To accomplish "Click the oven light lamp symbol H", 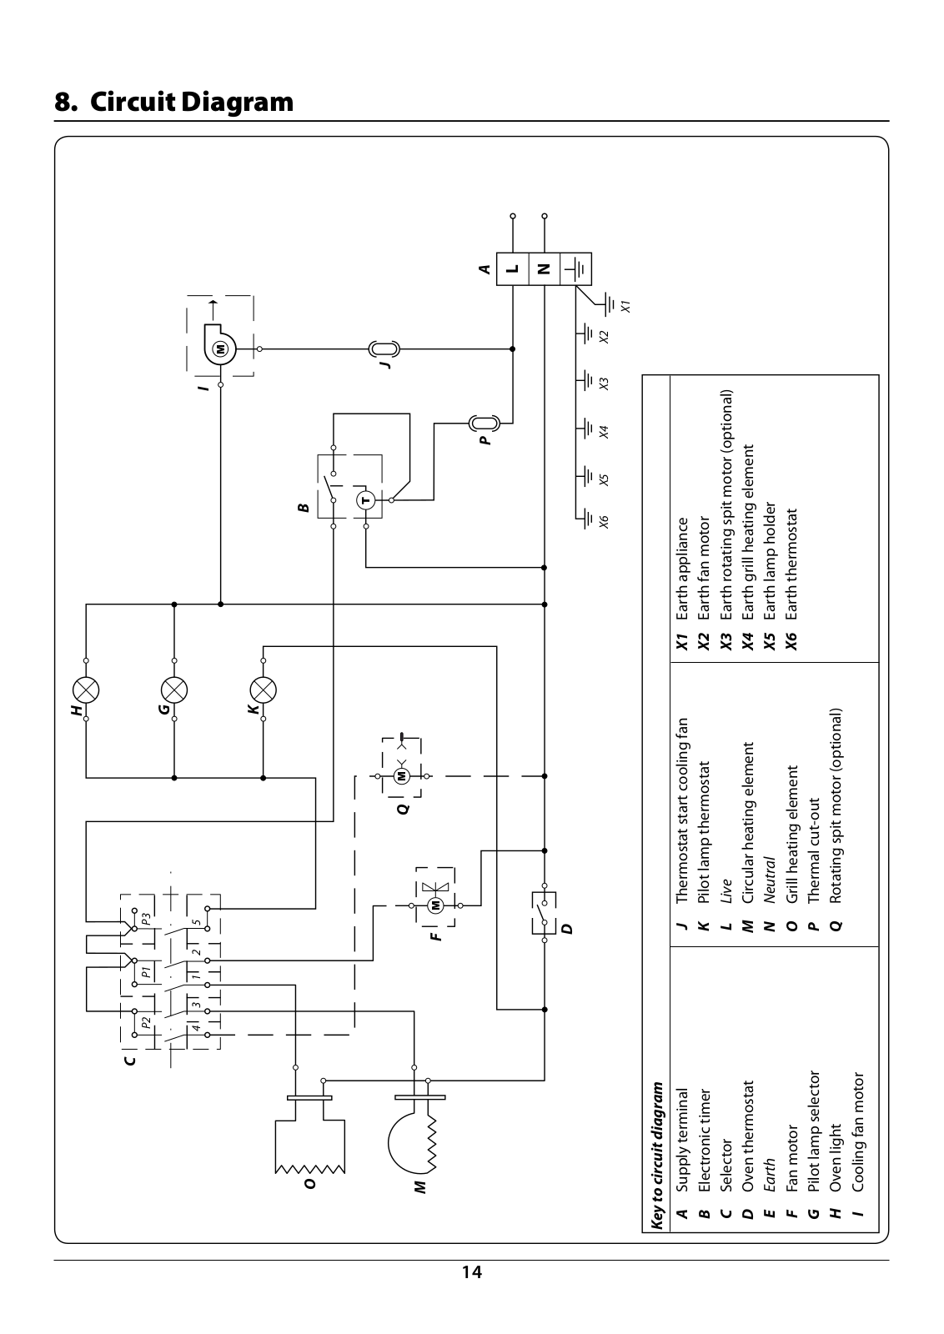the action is (x=86, y=690).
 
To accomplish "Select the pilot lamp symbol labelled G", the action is (x=174, y=690).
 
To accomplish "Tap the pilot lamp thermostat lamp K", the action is (x=264, y=690).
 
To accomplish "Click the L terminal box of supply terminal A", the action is (x=513, y=269).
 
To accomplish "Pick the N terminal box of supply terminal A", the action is (x=545, y=269).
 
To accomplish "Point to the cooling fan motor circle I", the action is (x=221, y=349).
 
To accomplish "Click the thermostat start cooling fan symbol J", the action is (x=384, y=349).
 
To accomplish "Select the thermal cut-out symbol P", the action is (x=485, y=424).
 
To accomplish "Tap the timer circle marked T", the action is (x=366, y=500).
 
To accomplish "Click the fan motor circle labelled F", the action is (x=436, y=905).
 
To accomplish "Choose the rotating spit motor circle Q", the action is (x=401, y=776).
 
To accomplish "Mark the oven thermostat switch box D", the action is (x=544, y=912).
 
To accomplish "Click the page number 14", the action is (x=472, y=1272).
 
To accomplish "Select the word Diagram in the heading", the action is (x=237, y=102).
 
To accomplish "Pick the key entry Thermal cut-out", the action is (x=814, y=850).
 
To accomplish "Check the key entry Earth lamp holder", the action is (x=770, y=560).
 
